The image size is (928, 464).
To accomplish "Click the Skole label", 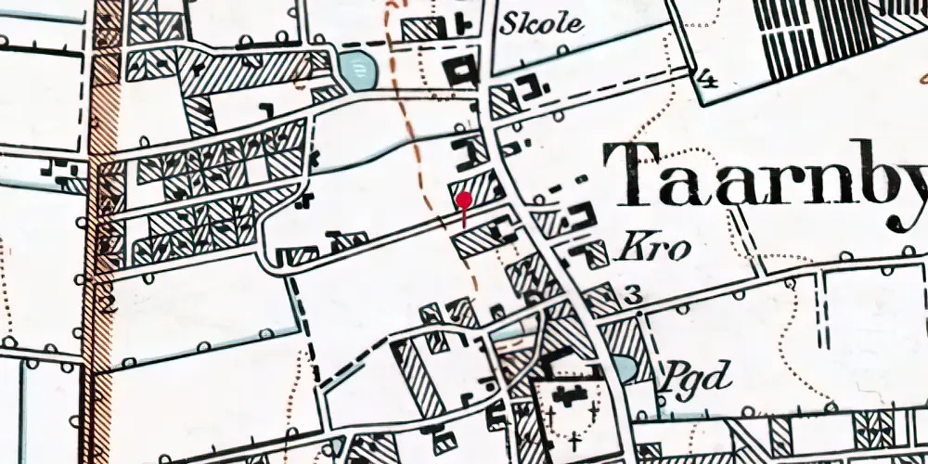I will click(542, 23).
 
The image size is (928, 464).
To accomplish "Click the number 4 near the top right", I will click(708, 79).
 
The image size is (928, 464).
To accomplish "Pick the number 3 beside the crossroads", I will click(634, 296).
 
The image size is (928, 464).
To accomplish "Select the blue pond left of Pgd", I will click(625, 369).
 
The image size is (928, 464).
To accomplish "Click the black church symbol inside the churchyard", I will click(567, 394).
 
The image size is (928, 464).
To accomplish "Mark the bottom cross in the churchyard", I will click(575, 437).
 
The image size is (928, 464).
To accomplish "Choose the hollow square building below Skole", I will click(462, 71).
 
